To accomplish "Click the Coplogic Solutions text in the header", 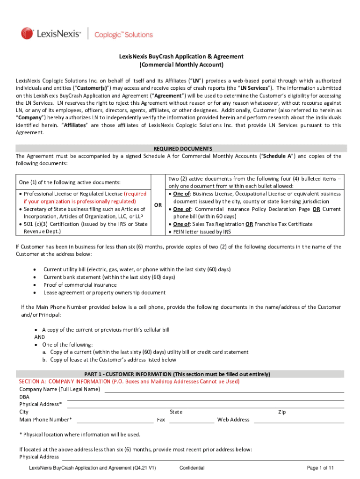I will pos(123,35).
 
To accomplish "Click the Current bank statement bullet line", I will pos(109,277).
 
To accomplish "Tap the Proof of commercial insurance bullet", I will pos(80,285).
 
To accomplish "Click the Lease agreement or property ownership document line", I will pos(104,292).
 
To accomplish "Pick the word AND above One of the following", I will pos(40,337).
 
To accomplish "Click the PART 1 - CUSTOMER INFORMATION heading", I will pos(177,374).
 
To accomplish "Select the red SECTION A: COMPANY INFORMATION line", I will pos(129,381).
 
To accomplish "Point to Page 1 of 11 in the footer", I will pos(320,468).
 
